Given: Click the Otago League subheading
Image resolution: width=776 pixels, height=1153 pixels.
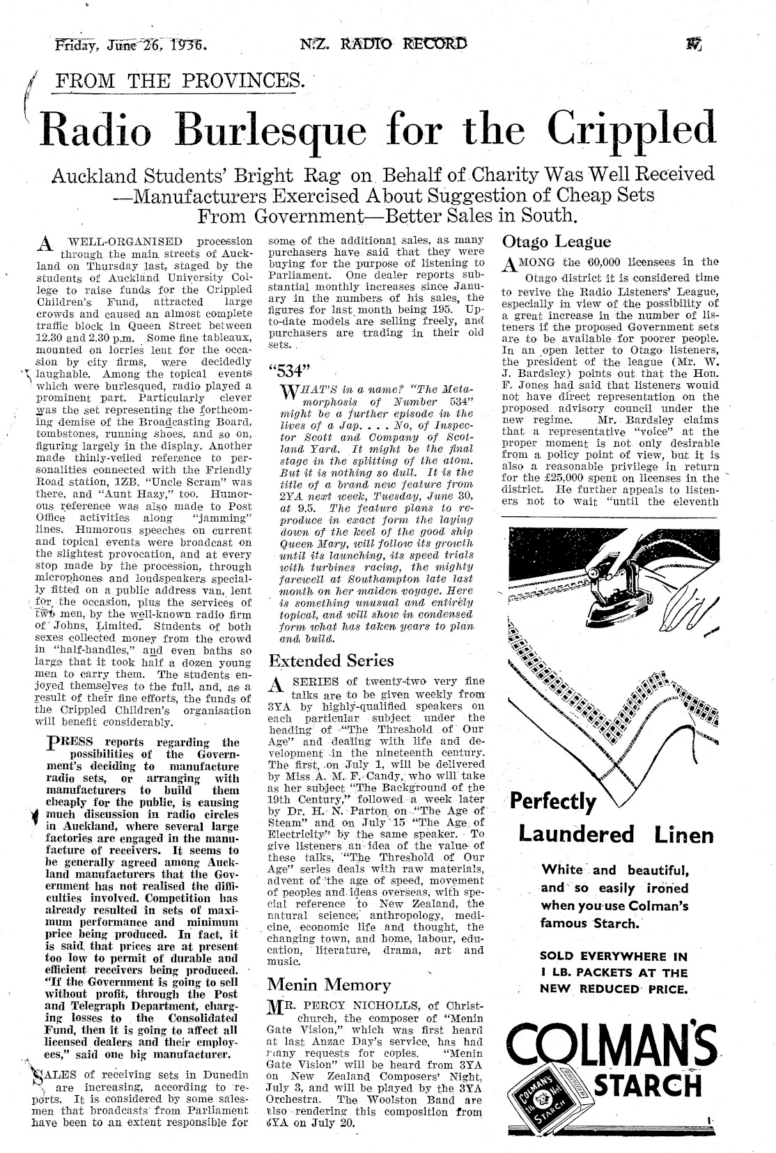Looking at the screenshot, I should [557, 242].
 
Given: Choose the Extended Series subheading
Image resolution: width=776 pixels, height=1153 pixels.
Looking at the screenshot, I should [331, 660].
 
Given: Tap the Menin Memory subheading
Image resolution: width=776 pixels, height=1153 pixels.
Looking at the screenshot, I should [329, 984].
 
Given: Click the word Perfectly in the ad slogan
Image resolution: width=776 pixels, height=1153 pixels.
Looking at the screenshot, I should [554, 803].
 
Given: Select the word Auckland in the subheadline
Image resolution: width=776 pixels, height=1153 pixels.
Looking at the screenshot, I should [111, 174].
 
